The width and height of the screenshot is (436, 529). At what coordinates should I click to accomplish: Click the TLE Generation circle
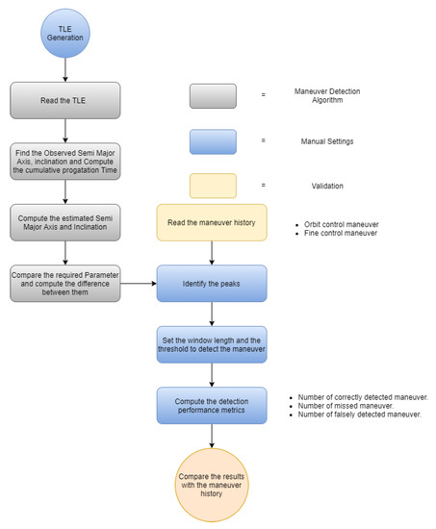(65, 34)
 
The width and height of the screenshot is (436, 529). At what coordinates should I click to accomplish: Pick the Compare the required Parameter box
(65, 284)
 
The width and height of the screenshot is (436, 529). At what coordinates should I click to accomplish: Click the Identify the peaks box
(211, 284)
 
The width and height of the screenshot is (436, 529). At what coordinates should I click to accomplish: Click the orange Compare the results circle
(211, 486)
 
